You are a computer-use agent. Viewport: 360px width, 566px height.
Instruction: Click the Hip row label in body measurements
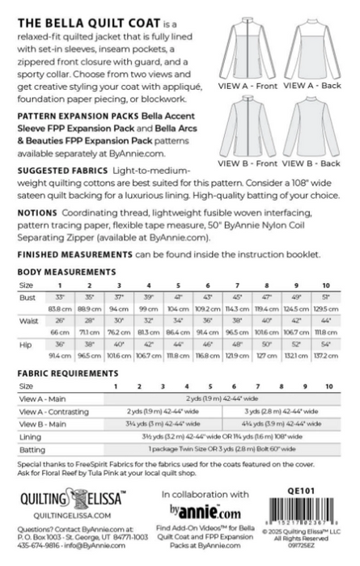pyautogui.click(x=26, y=344)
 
